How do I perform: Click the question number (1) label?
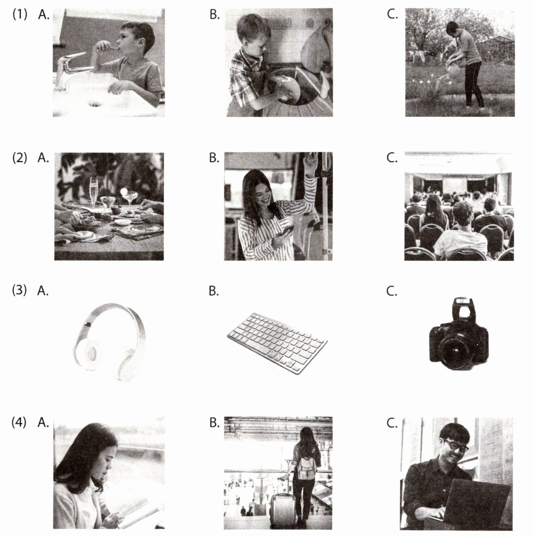click(x=20, y=16)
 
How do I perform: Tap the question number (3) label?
click(x=20, y=291)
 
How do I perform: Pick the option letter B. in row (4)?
click(x=214, y=423)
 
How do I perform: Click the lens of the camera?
click(x=453, y=349)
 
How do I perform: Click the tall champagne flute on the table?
click(x=94, y=192)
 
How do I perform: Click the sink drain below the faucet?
click(x=95, y=104)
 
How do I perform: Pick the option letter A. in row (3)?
click(x=43, y=291)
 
